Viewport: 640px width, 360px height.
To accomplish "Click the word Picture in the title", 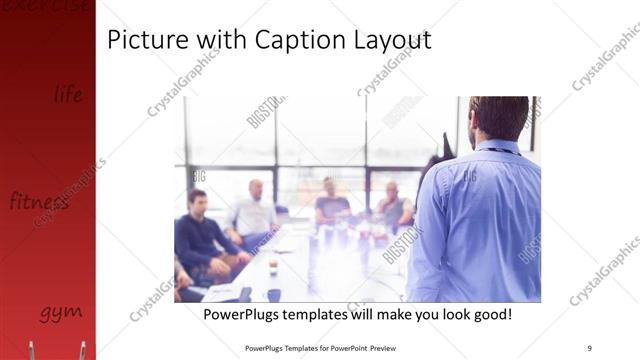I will (144, 40).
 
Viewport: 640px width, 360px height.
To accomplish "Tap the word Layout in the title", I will (392, 40).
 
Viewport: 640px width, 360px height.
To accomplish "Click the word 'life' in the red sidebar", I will (68, 95).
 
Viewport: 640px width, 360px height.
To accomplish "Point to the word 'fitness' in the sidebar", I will (39, 201).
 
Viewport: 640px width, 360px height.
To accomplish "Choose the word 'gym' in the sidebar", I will (60, 312).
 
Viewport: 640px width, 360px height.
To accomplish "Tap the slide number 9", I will (589, 347).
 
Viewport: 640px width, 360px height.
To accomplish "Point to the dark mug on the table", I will (273, 294).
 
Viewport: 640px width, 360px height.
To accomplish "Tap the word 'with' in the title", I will (225, 40).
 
